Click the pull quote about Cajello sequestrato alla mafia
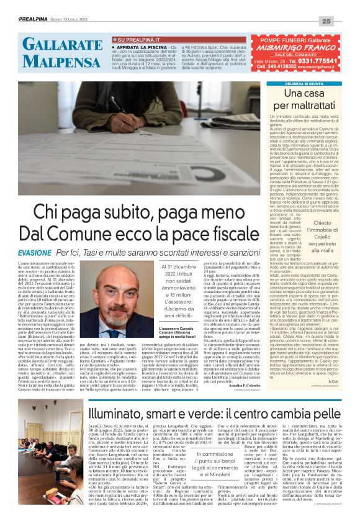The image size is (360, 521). click(x=330, y=237)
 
